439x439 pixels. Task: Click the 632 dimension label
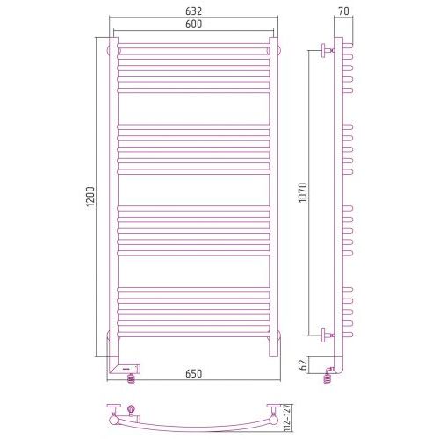(x=193, y=11)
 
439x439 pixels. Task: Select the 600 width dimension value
(x=193, y=24)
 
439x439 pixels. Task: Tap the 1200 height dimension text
(x=90, y=197)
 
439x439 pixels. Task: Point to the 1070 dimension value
(x=303, y=192)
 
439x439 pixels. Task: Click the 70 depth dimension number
(x=343, y=11)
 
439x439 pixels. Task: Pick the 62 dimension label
(x=304, y=364)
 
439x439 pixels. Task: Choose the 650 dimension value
(x=193, y=374)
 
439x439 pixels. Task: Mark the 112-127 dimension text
(x=287, y=419)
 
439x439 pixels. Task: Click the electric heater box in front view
(x=126, y=369)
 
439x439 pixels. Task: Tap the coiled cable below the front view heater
(x=131, y=378)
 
